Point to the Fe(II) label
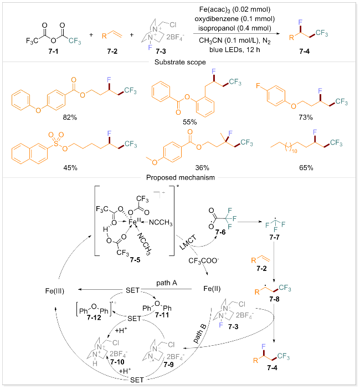[x=209, y=289]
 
